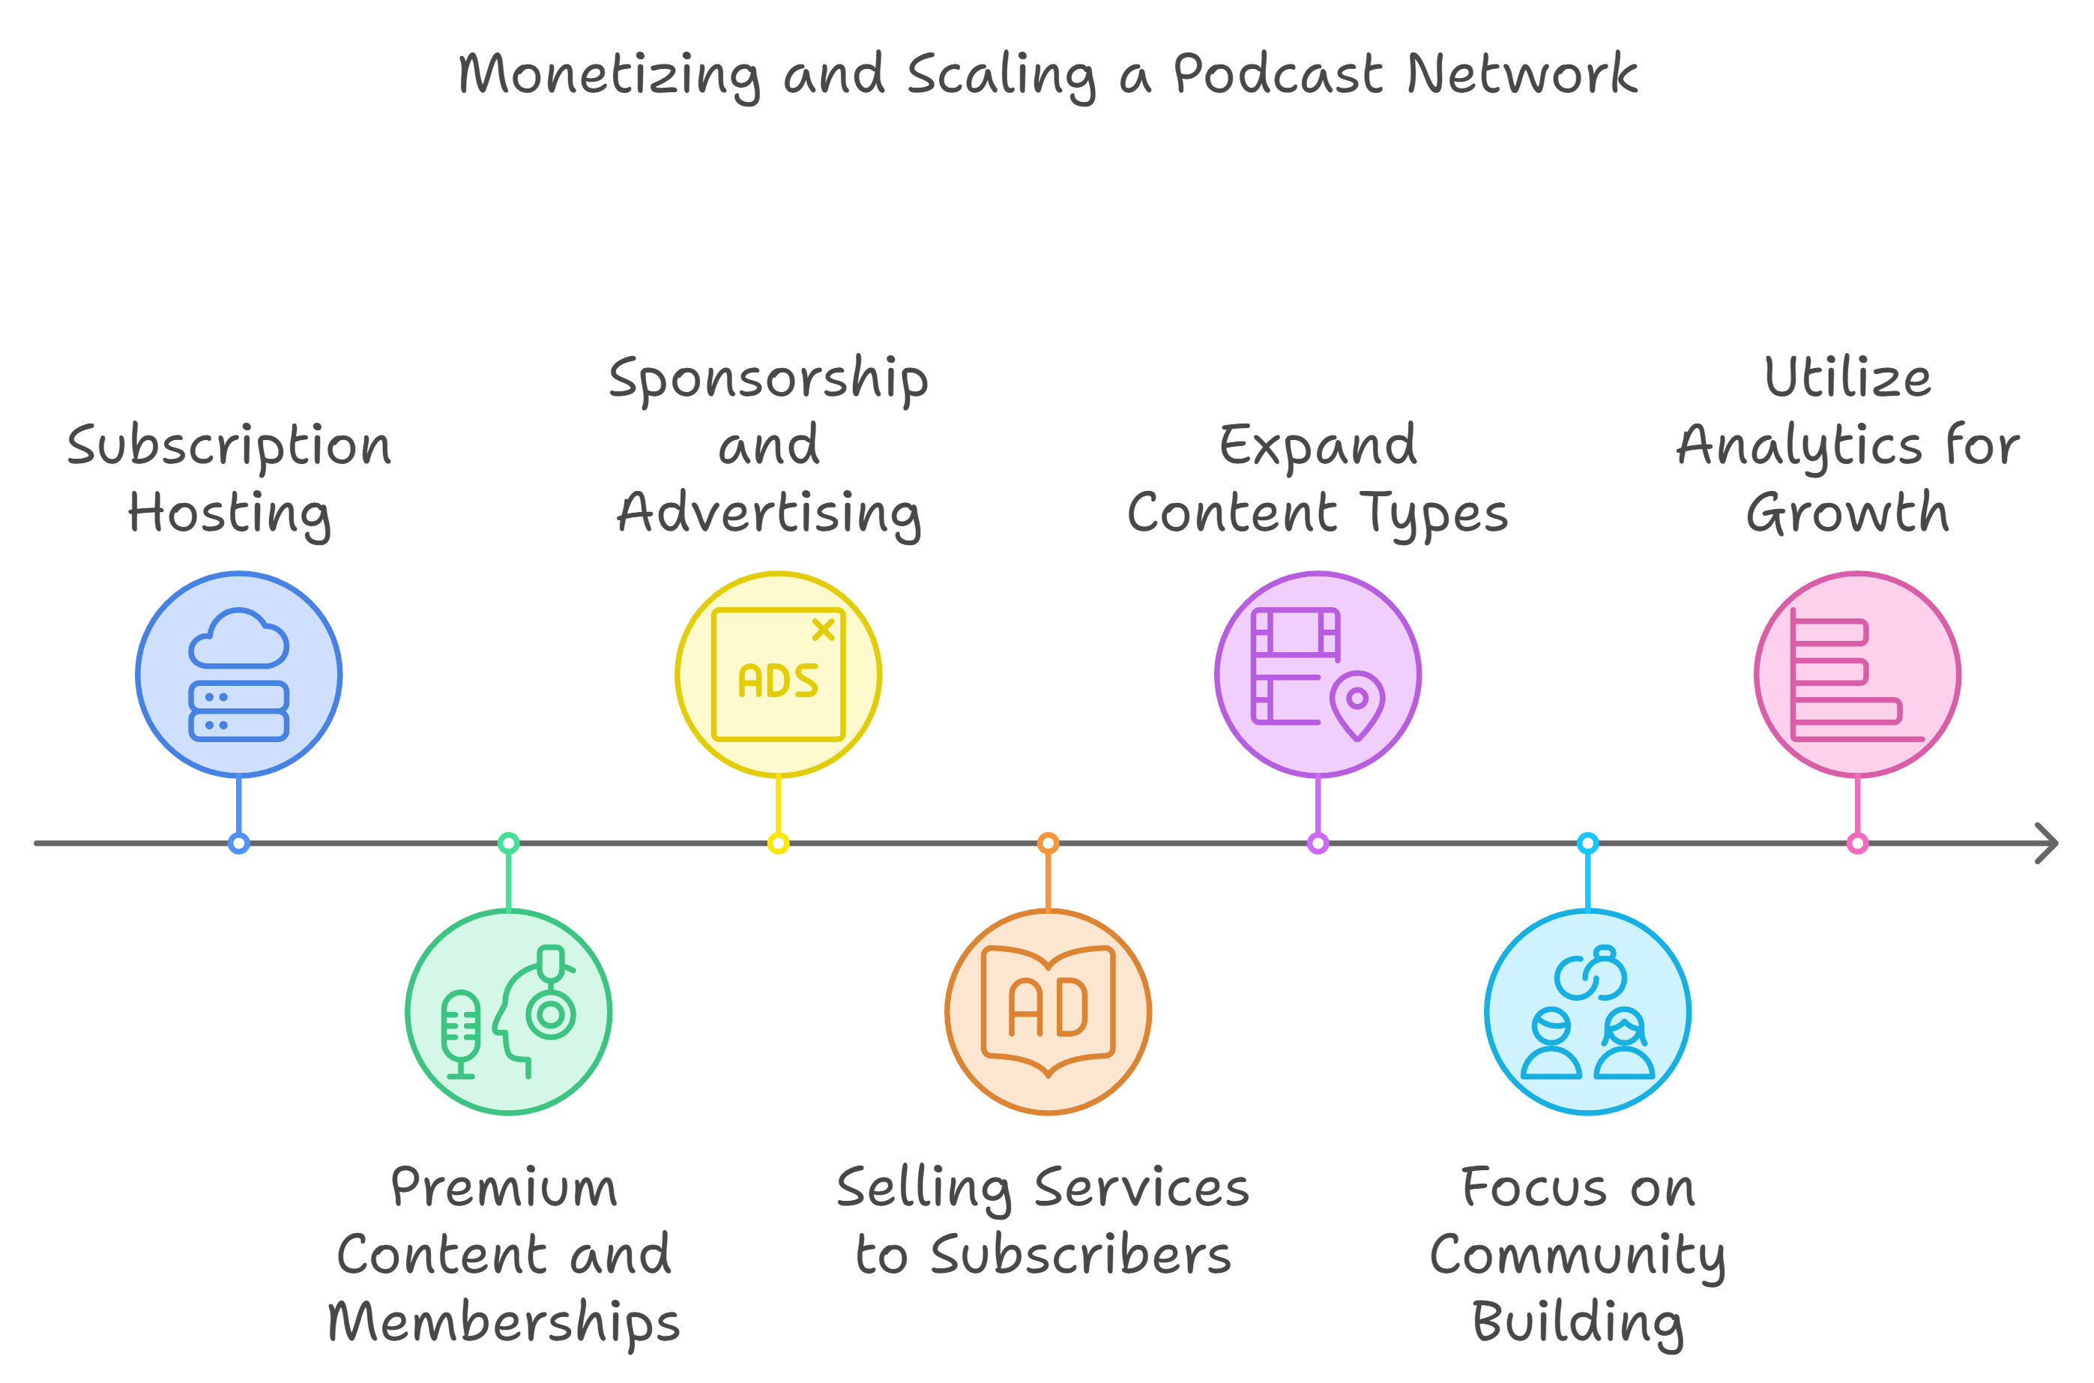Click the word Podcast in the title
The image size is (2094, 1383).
click(1278, 73)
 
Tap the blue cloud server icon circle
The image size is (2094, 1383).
click(239, 675)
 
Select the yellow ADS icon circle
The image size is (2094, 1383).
click(779, 675)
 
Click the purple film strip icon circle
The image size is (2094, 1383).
click(1318, 675)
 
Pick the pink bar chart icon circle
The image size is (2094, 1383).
click(1858, 675)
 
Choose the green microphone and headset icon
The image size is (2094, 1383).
click(509, 1012)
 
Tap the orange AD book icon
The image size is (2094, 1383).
click(1048, 1012)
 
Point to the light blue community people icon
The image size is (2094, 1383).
click(1588, 1012)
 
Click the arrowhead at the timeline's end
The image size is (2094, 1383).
click(2048, 843)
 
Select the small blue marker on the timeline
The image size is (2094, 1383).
click(239, 843)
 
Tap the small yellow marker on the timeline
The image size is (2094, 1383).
click(779, 843)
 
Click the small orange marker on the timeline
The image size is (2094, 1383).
click(1048, 843)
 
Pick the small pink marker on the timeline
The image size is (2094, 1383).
click(1858, 843)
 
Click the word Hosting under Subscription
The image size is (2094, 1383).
click(229, 514)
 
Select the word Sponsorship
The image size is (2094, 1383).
click(769, 380)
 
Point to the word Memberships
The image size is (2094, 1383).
click(504, 1322)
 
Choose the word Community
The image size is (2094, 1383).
click(1578, 1256)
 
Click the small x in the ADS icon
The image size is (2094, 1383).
click(824, 629)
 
